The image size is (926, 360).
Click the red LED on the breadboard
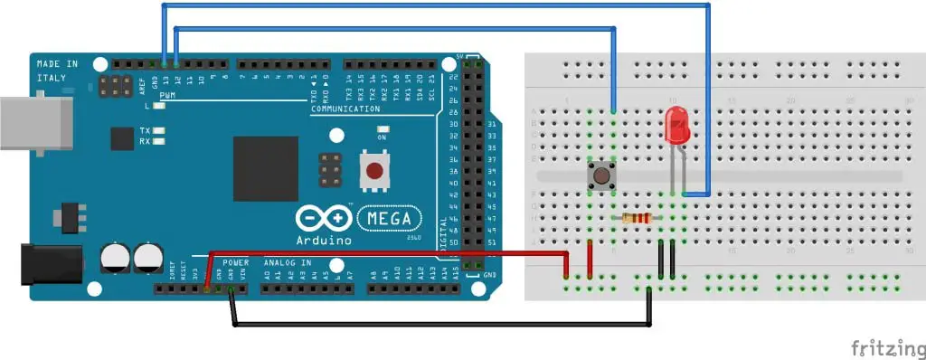click(675, 125)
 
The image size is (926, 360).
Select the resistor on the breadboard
click(638, 218)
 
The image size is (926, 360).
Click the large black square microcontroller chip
click(266, 168)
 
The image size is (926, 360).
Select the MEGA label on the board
click(391, 218)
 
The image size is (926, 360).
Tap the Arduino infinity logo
click(323, 219)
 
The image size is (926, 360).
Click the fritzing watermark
click(884, 346)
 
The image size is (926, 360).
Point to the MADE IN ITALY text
click(57, 71)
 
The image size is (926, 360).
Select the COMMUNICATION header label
click(345, 109)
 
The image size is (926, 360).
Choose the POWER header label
click(235, 262)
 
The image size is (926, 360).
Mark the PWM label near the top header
click(167, 95)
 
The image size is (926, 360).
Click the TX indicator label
click(145, 131)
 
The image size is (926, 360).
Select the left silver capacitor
click(116, 256)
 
